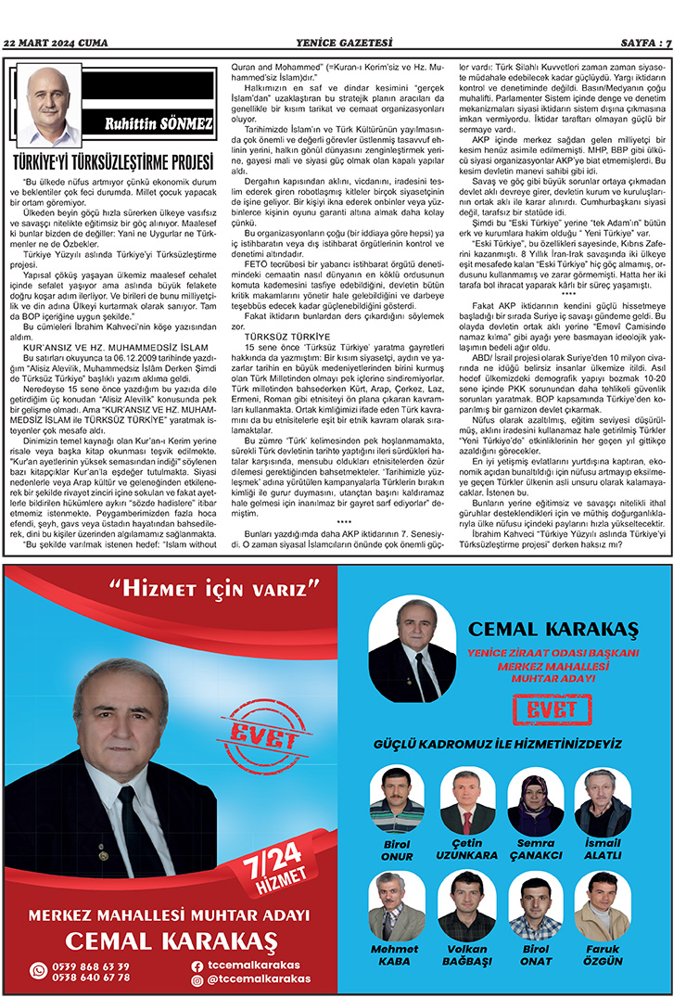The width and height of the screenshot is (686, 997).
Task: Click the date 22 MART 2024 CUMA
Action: click(56, 43)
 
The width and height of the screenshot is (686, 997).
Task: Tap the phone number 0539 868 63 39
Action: click(92, 966)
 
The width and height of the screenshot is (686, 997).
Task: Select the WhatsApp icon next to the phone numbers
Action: click(38, 971)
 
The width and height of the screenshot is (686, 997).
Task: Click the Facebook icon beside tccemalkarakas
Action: click(197, 965)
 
